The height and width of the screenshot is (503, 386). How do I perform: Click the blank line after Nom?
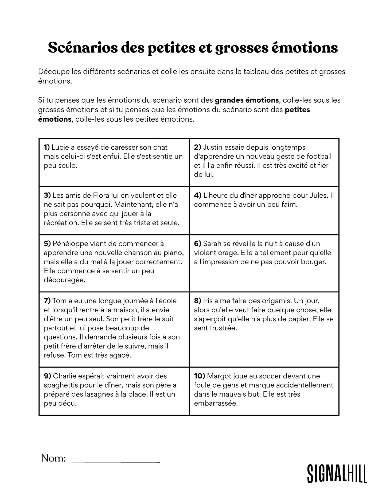(x=116, y=462)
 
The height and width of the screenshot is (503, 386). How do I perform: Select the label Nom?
(x=53, y=458)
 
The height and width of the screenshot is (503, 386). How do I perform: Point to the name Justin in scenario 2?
(x=212, y=147)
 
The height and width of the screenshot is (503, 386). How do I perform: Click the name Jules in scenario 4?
(x=318, y=195)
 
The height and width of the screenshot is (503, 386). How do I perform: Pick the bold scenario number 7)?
(x=47, y=301)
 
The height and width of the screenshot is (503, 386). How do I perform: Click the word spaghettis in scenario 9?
(x=61, y=385)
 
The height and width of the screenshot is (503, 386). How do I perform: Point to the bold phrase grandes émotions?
(x=247, y=100)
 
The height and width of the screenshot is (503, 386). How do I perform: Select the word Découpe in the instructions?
(x=54, y=71)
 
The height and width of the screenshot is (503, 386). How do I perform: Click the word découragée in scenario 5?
(x=64, y=280)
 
